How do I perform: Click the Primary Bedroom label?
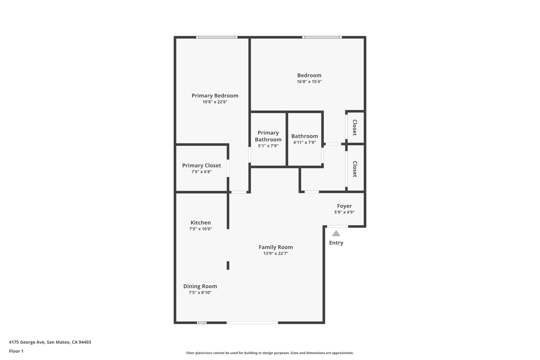coord(215,96)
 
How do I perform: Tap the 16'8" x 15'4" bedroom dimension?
coord(309,82)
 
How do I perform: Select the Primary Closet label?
coord(201,166)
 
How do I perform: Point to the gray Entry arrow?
coord(336,233)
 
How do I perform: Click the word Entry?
coord(336,243)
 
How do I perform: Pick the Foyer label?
coord(344,206)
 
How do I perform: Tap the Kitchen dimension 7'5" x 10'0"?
coord(200,229)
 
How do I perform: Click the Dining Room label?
coord(200,286)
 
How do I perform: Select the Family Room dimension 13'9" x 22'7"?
coord(276,253)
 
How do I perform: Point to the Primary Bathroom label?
coord(268,136)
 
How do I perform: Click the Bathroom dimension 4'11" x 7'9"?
coord(305,142)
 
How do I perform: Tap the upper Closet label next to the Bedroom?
coord(355,127)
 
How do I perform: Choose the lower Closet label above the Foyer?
coord(355,169)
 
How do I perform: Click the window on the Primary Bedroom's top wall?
coord(217,37)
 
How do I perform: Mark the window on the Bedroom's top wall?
coord(322,37)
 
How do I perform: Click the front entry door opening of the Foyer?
coord(337,226)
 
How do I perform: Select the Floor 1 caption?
coord(16,351)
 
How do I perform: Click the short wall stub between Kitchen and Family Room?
coord(228,265)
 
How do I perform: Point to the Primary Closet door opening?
coord(228,168)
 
